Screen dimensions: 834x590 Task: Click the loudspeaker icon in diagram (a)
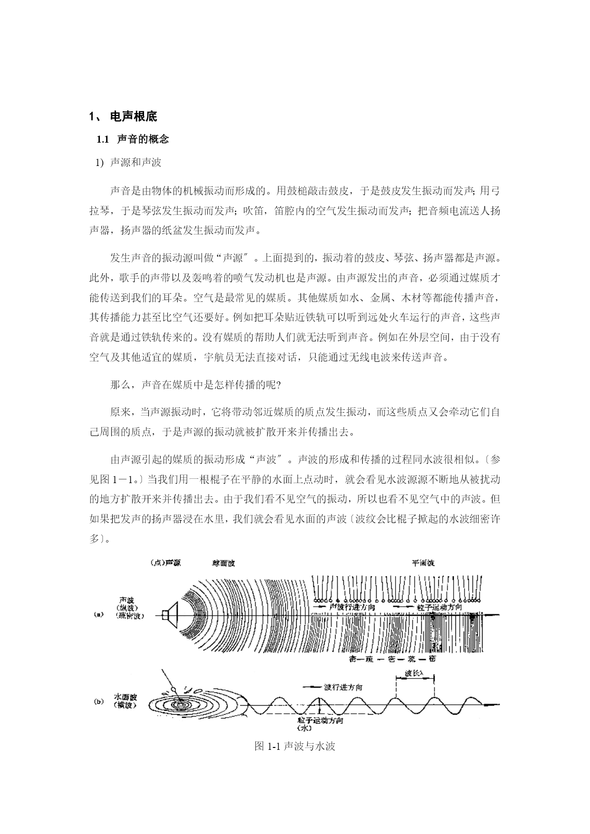(x=169, y=614)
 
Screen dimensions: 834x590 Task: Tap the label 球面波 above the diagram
(x=223, y=563)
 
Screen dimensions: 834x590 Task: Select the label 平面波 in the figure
(x=423, y=563)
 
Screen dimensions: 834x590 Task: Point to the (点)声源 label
(x=165, y=563)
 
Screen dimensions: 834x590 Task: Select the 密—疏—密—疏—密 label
(x=392, y=659)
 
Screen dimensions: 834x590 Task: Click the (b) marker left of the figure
(x=99, y=701)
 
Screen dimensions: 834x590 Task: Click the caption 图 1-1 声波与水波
(x=295, y=746)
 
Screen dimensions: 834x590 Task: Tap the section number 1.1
(x=103, y=139)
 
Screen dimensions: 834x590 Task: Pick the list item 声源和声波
(x=136, y=163)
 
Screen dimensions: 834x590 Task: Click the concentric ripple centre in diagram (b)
(x=181, y=703)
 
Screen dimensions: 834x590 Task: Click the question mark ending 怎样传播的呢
(x=278, y=386)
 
